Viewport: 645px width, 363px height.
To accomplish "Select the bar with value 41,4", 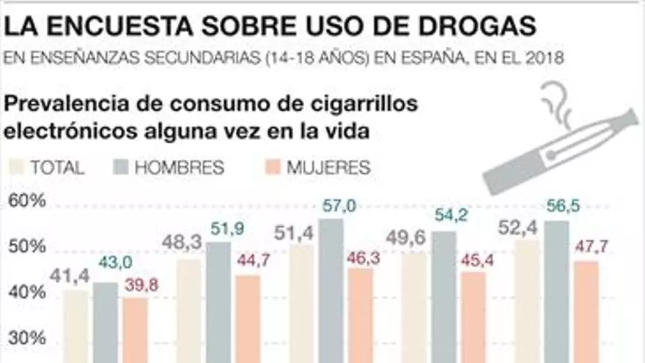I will pyautogui.click(x=76, y=326).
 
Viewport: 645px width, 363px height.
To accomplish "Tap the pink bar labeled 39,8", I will pyautogui.click(x=135, y=329).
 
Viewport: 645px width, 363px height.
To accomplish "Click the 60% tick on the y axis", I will pyautogui.click(x=26, y=200).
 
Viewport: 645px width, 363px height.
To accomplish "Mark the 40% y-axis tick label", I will pyautogui.click(x=26, y=293).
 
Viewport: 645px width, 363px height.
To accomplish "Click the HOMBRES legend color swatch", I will pyautogui.click(x=122, y=166).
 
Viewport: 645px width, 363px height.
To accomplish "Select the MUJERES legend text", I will pyautogui.click(x=328, y=167).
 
